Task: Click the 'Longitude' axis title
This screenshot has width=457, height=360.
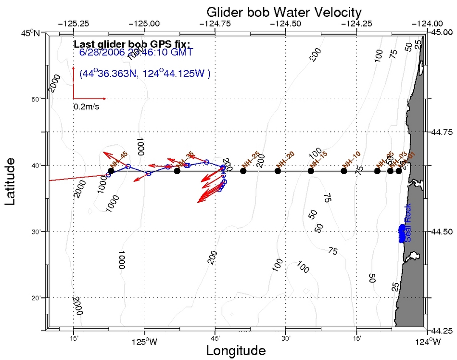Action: point(236,350)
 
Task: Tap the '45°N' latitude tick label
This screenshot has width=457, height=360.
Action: point(32,33)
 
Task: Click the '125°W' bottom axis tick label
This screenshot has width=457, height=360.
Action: point(144,342)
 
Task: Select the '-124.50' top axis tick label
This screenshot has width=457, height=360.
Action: point(286,23)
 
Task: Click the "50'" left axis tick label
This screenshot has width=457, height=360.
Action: point(36,99)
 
